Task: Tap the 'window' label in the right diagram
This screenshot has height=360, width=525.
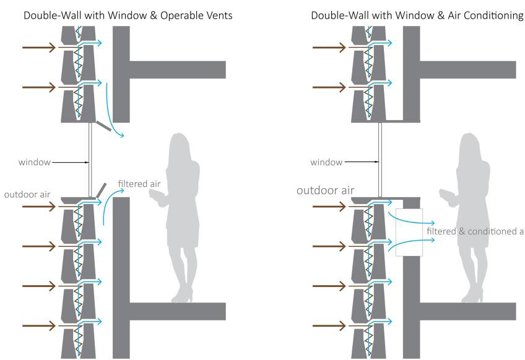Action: click(x=326, y=162)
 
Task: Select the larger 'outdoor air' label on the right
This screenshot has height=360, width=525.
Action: click(x=325, y=190)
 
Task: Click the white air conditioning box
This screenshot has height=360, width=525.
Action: click(x=409, y=233)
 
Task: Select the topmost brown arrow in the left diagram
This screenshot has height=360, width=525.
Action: click(x=38, y=47)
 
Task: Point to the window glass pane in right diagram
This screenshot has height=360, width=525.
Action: click(x=379, y=158)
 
